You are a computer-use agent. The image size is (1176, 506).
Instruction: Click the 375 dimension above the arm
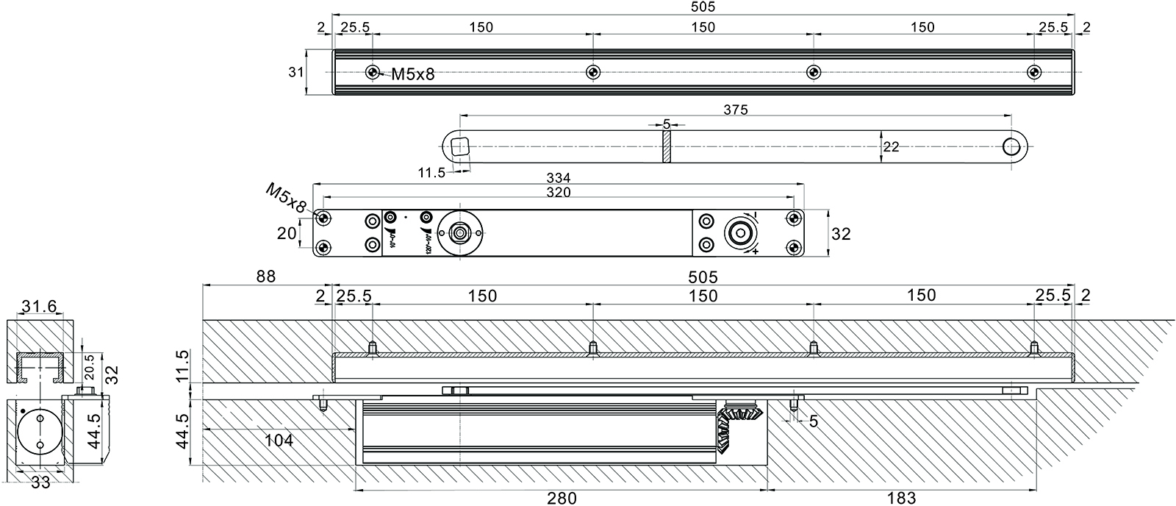[x=735, y=110]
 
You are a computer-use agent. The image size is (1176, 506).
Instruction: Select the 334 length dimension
[x=558, y=177]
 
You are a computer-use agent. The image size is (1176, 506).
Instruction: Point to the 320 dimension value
[x=558, y=192]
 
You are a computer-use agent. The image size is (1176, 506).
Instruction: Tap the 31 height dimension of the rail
[x=296, y=72]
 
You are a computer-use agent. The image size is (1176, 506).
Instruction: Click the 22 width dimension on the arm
[x=891, y=147]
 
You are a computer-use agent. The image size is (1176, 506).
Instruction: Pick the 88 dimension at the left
[x=265, y=277]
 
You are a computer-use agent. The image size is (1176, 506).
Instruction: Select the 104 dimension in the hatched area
[x=279, y=441]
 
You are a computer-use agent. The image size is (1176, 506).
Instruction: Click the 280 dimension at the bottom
[x=562, y=498]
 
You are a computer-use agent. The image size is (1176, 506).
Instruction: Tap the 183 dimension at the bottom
[x=901, y=498]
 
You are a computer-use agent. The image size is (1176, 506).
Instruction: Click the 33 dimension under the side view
[x=41, y=482]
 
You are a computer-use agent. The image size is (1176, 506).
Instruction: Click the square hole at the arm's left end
[x=460, y=146]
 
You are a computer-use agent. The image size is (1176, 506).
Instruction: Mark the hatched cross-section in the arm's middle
[x=667, y=146]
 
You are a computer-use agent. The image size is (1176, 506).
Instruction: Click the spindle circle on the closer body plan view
[x=460, y=232]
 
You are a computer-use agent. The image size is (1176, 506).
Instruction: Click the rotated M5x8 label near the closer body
[x=285, y=199]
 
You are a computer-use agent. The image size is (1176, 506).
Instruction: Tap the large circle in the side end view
[x=39, y=431]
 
